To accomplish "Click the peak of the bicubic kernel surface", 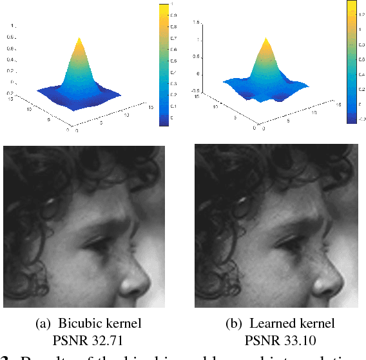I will point(79,39).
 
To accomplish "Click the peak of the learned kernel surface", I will point(267,38).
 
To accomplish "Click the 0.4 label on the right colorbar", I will point(361,75).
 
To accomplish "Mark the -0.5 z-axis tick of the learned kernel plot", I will point(194,92).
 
